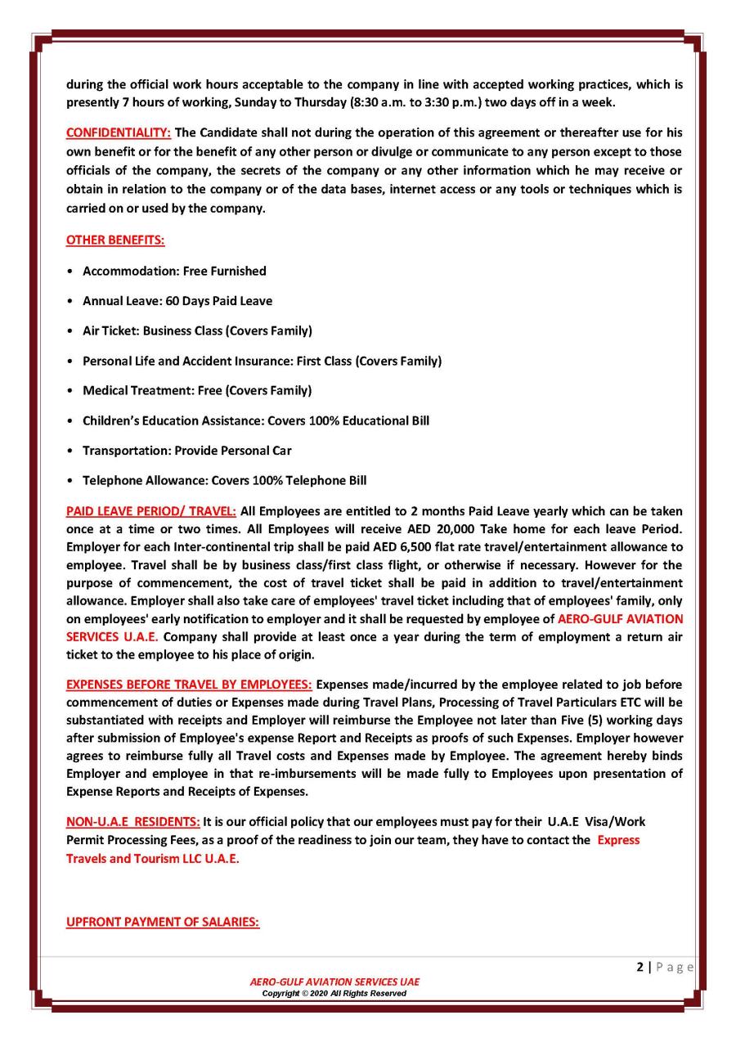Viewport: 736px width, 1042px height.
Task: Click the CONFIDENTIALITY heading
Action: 119,132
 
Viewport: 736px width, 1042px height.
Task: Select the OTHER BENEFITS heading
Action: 115,240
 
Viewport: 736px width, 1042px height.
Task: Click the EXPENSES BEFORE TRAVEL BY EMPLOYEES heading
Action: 189,684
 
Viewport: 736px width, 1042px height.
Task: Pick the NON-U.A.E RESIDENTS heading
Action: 133,821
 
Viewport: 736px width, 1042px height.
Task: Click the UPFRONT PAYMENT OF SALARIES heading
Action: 163,922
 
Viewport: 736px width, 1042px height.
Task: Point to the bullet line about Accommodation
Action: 174,271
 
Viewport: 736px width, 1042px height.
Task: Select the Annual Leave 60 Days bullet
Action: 177,301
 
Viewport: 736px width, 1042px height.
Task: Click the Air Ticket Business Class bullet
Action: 197,330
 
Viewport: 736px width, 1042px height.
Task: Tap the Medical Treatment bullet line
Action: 197,390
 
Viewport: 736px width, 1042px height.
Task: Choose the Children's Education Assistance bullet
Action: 256,420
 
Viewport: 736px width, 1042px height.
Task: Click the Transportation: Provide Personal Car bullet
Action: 187,451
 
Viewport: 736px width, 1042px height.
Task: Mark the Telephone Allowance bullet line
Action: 230,480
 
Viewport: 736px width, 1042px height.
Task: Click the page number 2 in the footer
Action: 640,967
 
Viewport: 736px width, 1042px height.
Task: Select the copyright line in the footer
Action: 334,993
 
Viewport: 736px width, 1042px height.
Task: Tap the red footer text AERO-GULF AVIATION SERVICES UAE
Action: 335,981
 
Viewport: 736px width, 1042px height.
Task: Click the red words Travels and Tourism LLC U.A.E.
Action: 153,859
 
